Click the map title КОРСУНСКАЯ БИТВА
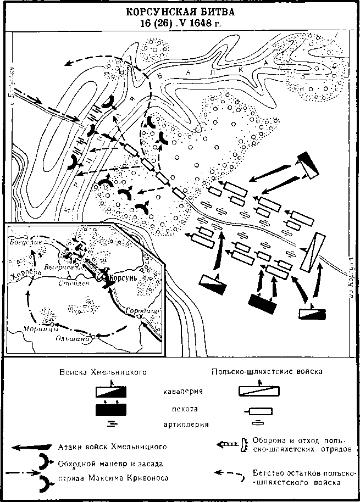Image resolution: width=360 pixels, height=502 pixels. click(x=180, y=12)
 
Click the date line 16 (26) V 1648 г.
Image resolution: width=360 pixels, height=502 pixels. click(x=180, y=23)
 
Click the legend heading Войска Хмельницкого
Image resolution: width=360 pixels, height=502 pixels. click(x=103, y=372)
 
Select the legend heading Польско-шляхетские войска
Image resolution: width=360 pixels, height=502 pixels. click(x=267, y=372)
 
